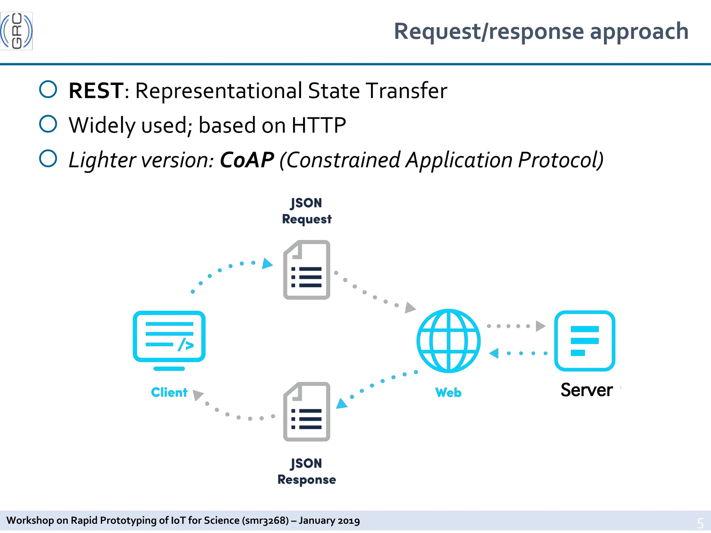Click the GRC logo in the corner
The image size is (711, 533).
pos(16,31)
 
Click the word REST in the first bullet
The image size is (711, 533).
pos(96,91)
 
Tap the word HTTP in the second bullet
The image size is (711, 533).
pos(318,125)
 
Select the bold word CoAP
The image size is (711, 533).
pos(247,160)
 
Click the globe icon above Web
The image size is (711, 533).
pos(448,341)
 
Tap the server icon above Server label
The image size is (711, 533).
pos(585,341)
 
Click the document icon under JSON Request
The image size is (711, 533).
pos(307,270)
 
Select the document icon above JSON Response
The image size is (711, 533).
pos(307,412)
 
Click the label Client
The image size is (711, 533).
pos(169,392)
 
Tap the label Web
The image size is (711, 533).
pos(448,392)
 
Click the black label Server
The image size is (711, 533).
pos(586,390)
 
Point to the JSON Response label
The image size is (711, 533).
pos(307,472)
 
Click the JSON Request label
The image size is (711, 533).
pos(307,211)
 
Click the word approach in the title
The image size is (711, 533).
pos(639,32)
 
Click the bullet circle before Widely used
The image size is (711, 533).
pos(48,124)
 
